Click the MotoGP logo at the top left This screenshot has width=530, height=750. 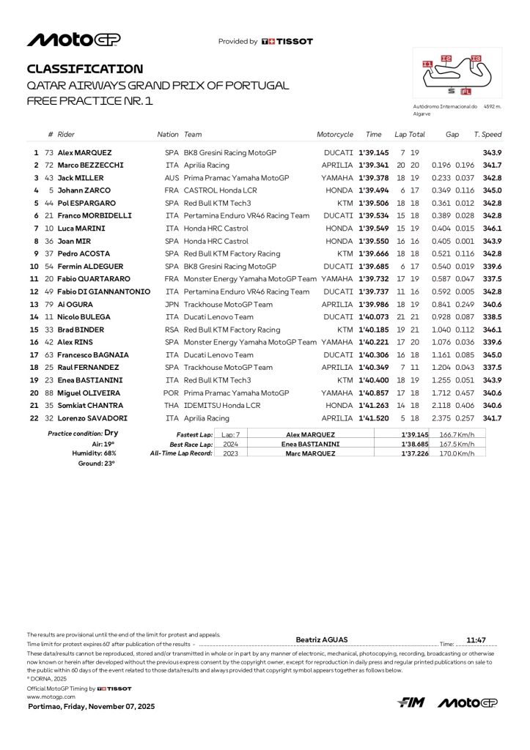point(74,40)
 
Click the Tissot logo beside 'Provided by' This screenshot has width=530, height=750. point(287,42)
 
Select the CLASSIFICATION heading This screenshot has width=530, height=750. point(85,69)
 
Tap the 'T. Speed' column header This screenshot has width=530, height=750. point(487,135)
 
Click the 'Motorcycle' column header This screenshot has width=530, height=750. point(335,135)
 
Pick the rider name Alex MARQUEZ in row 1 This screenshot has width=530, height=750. point(85,152)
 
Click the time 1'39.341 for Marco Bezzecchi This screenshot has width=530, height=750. point(374,165)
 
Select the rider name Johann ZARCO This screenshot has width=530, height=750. point(81,190)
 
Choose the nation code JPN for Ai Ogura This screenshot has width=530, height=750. point(172,305)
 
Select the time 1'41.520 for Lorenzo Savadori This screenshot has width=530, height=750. point(374,418)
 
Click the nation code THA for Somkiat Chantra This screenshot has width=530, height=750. point(172,406)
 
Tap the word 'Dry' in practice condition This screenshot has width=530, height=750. point(111,434)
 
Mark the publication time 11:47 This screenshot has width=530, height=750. point(476,639)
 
